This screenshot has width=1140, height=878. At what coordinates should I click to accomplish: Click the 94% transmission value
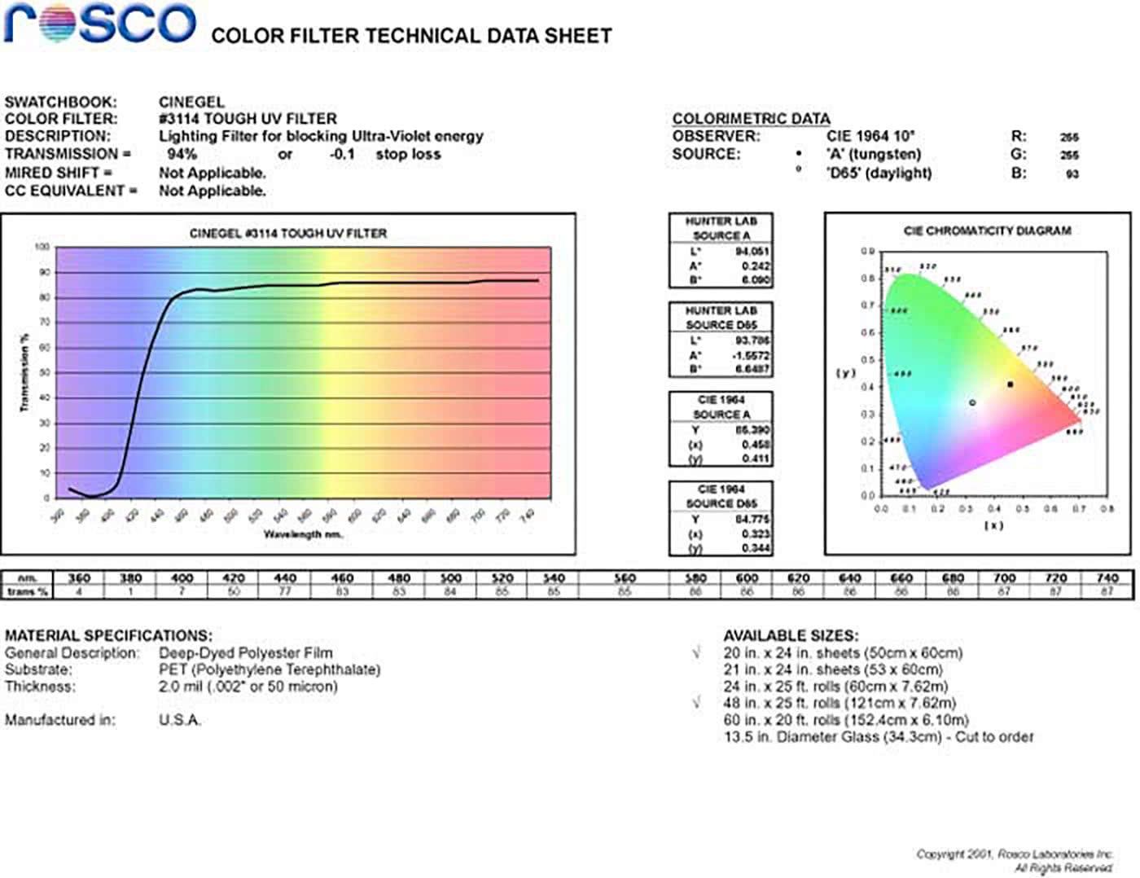pos(182,154)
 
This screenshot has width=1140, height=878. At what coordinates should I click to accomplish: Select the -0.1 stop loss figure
pos(342,154)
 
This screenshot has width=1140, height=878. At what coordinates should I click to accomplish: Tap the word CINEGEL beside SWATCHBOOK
pos(191,102)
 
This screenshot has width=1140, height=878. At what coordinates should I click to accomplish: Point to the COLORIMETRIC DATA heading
pos(751,119)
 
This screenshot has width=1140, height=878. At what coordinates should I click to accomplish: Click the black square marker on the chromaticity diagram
pos(1011,384)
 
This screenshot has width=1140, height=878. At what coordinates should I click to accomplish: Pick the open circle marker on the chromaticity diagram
pos(972,402)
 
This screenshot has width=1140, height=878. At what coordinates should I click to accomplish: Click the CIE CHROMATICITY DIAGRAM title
pos(987,231)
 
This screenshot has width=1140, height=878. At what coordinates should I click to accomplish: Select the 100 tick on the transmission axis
pos(42,247)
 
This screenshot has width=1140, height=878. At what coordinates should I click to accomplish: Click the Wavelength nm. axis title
pos(303,534)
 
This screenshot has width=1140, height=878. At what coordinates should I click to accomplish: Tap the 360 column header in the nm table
pos(79,578)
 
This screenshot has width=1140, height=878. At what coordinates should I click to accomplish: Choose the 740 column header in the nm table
pos(1107,578)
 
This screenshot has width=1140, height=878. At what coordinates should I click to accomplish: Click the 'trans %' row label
pos(28,592)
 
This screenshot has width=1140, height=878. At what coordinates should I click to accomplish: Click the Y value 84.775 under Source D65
pos(752,520)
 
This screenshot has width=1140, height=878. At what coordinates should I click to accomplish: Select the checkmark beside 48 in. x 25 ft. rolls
pos(697,703)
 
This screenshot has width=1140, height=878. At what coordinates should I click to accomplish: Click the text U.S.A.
pos(180,720)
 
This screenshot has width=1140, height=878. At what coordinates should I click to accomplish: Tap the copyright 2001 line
pos(1014,854)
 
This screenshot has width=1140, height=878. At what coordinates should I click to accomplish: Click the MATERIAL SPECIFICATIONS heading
pos(108,635)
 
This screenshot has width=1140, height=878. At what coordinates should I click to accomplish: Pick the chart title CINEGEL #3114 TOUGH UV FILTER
pos(288,234)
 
